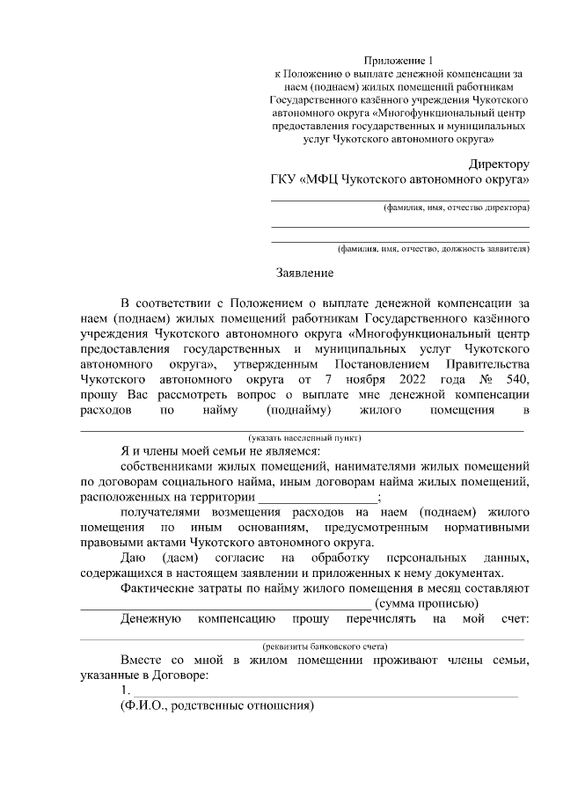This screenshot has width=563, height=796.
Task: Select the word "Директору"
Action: (498, 164)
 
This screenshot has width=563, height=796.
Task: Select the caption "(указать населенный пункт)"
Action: (304, 437)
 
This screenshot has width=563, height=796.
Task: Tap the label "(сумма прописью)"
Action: (427, 603)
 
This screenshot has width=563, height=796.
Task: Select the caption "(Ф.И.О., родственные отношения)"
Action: (217, 706)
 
